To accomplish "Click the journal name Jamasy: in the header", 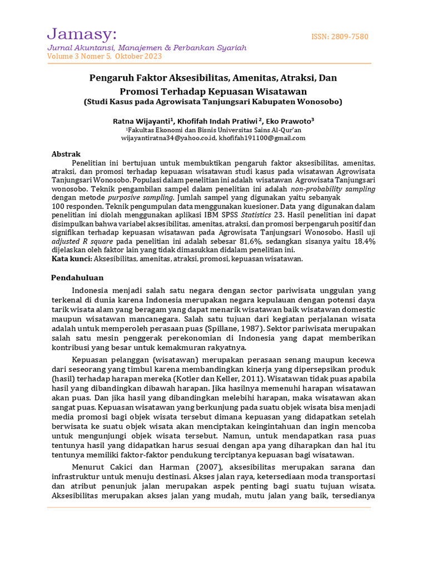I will pyautogui.click(x=81, y=34).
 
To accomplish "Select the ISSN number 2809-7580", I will pyautogui.click(x=340, y=37).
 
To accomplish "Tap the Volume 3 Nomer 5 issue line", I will pyautogui.click(x=105, y=56).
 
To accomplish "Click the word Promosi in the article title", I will pyautogui.click(x=141, y=91).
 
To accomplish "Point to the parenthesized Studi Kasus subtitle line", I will pyautogui.click(x=213, y=102).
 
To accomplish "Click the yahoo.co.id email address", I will pyautogui.click(x=168, y=138).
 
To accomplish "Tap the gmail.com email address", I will pyautogui.click(x=262, y=138).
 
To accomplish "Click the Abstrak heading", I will pyautogui.click(x=66, y=154).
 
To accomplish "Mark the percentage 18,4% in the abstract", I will pyautogui.click(x=361, y=242).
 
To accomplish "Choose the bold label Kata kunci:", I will pyautogui.click(x=72, y=258).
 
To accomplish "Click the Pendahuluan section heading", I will pyautogui.click(x=77, y=277).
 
